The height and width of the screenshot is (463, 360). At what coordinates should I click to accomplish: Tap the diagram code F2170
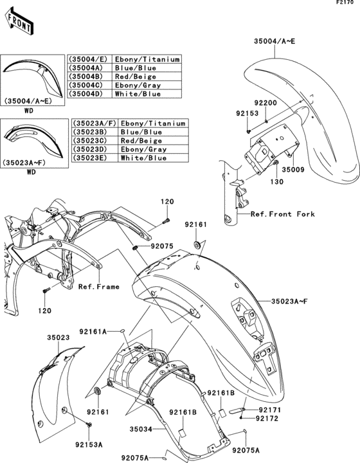[x=346, y=4]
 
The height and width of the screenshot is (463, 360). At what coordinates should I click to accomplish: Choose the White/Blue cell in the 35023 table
[x=141, y=157]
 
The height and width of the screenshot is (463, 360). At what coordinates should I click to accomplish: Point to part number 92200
[x=264, y=103]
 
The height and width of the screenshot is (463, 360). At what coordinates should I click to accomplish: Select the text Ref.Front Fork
[x=283, y=214]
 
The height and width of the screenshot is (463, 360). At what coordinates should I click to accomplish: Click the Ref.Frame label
[x=98, y=287]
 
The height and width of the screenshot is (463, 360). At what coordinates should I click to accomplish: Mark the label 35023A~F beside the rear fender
[x=293, y=300]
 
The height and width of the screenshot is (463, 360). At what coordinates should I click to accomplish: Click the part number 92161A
[x=94, y=331]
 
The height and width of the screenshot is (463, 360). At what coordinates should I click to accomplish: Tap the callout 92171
[x=270, y=409]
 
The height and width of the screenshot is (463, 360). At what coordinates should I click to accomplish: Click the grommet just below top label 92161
[x=196, y=246]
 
